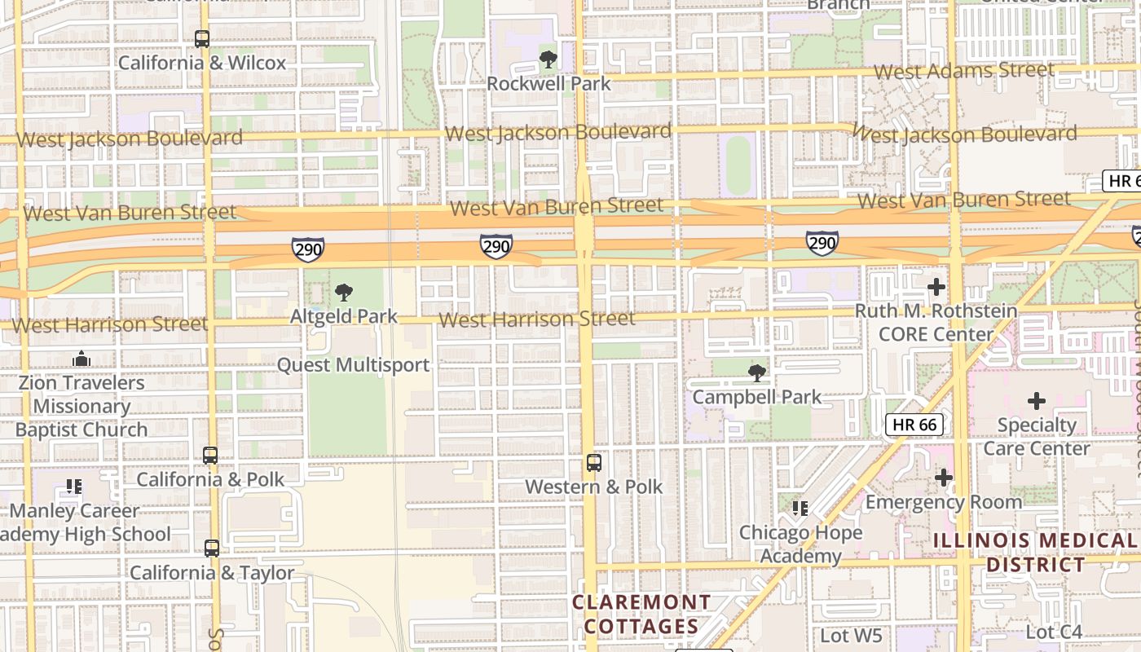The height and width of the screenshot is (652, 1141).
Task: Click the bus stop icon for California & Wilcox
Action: [202, 38]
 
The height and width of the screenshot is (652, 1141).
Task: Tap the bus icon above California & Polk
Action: [210, 456]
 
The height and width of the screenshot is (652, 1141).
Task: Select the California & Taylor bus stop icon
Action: [212, 548]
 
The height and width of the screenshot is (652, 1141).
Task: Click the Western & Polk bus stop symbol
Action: [594, 463]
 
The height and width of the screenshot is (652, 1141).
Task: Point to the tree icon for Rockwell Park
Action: [548, 59]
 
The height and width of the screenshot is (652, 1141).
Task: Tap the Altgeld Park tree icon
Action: [344, 292]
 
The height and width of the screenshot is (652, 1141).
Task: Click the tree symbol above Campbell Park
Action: [757, 373]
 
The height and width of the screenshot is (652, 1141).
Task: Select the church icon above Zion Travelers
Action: [81, 359]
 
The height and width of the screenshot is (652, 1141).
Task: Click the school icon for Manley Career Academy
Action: [74, 487]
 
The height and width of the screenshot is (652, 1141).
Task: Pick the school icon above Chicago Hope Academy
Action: [800, 509]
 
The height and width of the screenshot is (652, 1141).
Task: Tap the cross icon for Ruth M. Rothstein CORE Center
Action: [936, 287]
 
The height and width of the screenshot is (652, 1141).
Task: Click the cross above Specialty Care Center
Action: [1036, 401]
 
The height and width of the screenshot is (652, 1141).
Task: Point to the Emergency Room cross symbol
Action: [943, 478]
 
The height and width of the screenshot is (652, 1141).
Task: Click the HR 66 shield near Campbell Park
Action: [914, 424]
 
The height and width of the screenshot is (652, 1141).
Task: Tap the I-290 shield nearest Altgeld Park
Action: [308, 249]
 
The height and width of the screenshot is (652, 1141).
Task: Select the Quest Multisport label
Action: [353, 364]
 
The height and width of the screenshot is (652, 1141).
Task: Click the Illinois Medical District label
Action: [1035, 552]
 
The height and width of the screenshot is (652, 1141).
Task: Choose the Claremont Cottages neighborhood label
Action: [641, 614]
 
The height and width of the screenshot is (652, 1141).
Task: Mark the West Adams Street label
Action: [964, 71]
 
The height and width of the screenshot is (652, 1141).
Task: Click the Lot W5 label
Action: [852, 634]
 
